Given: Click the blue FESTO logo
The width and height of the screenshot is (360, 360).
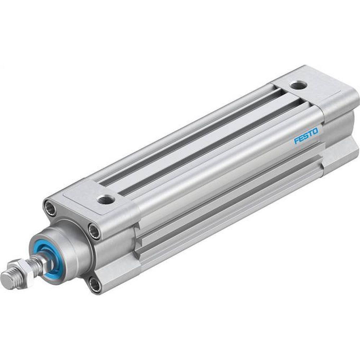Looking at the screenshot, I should pyautogui.click(x=306, y=136).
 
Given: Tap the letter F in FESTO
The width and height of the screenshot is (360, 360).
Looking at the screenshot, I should pyautogui.click(x=296, y=141).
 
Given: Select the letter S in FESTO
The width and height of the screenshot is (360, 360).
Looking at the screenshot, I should pyautogui.click(x=306, y=136).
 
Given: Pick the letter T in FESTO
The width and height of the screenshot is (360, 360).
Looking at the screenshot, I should pyautogui.click(x=310, y=134).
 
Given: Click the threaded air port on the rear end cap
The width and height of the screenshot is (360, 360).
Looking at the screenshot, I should pyautogui.click(x=298, y=86).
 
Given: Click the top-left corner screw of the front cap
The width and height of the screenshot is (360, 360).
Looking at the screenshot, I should pyautogui.click(x=50, y=207).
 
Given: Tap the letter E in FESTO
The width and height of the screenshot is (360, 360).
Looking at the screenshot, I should pyautogui.click(x=301, y=139).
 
